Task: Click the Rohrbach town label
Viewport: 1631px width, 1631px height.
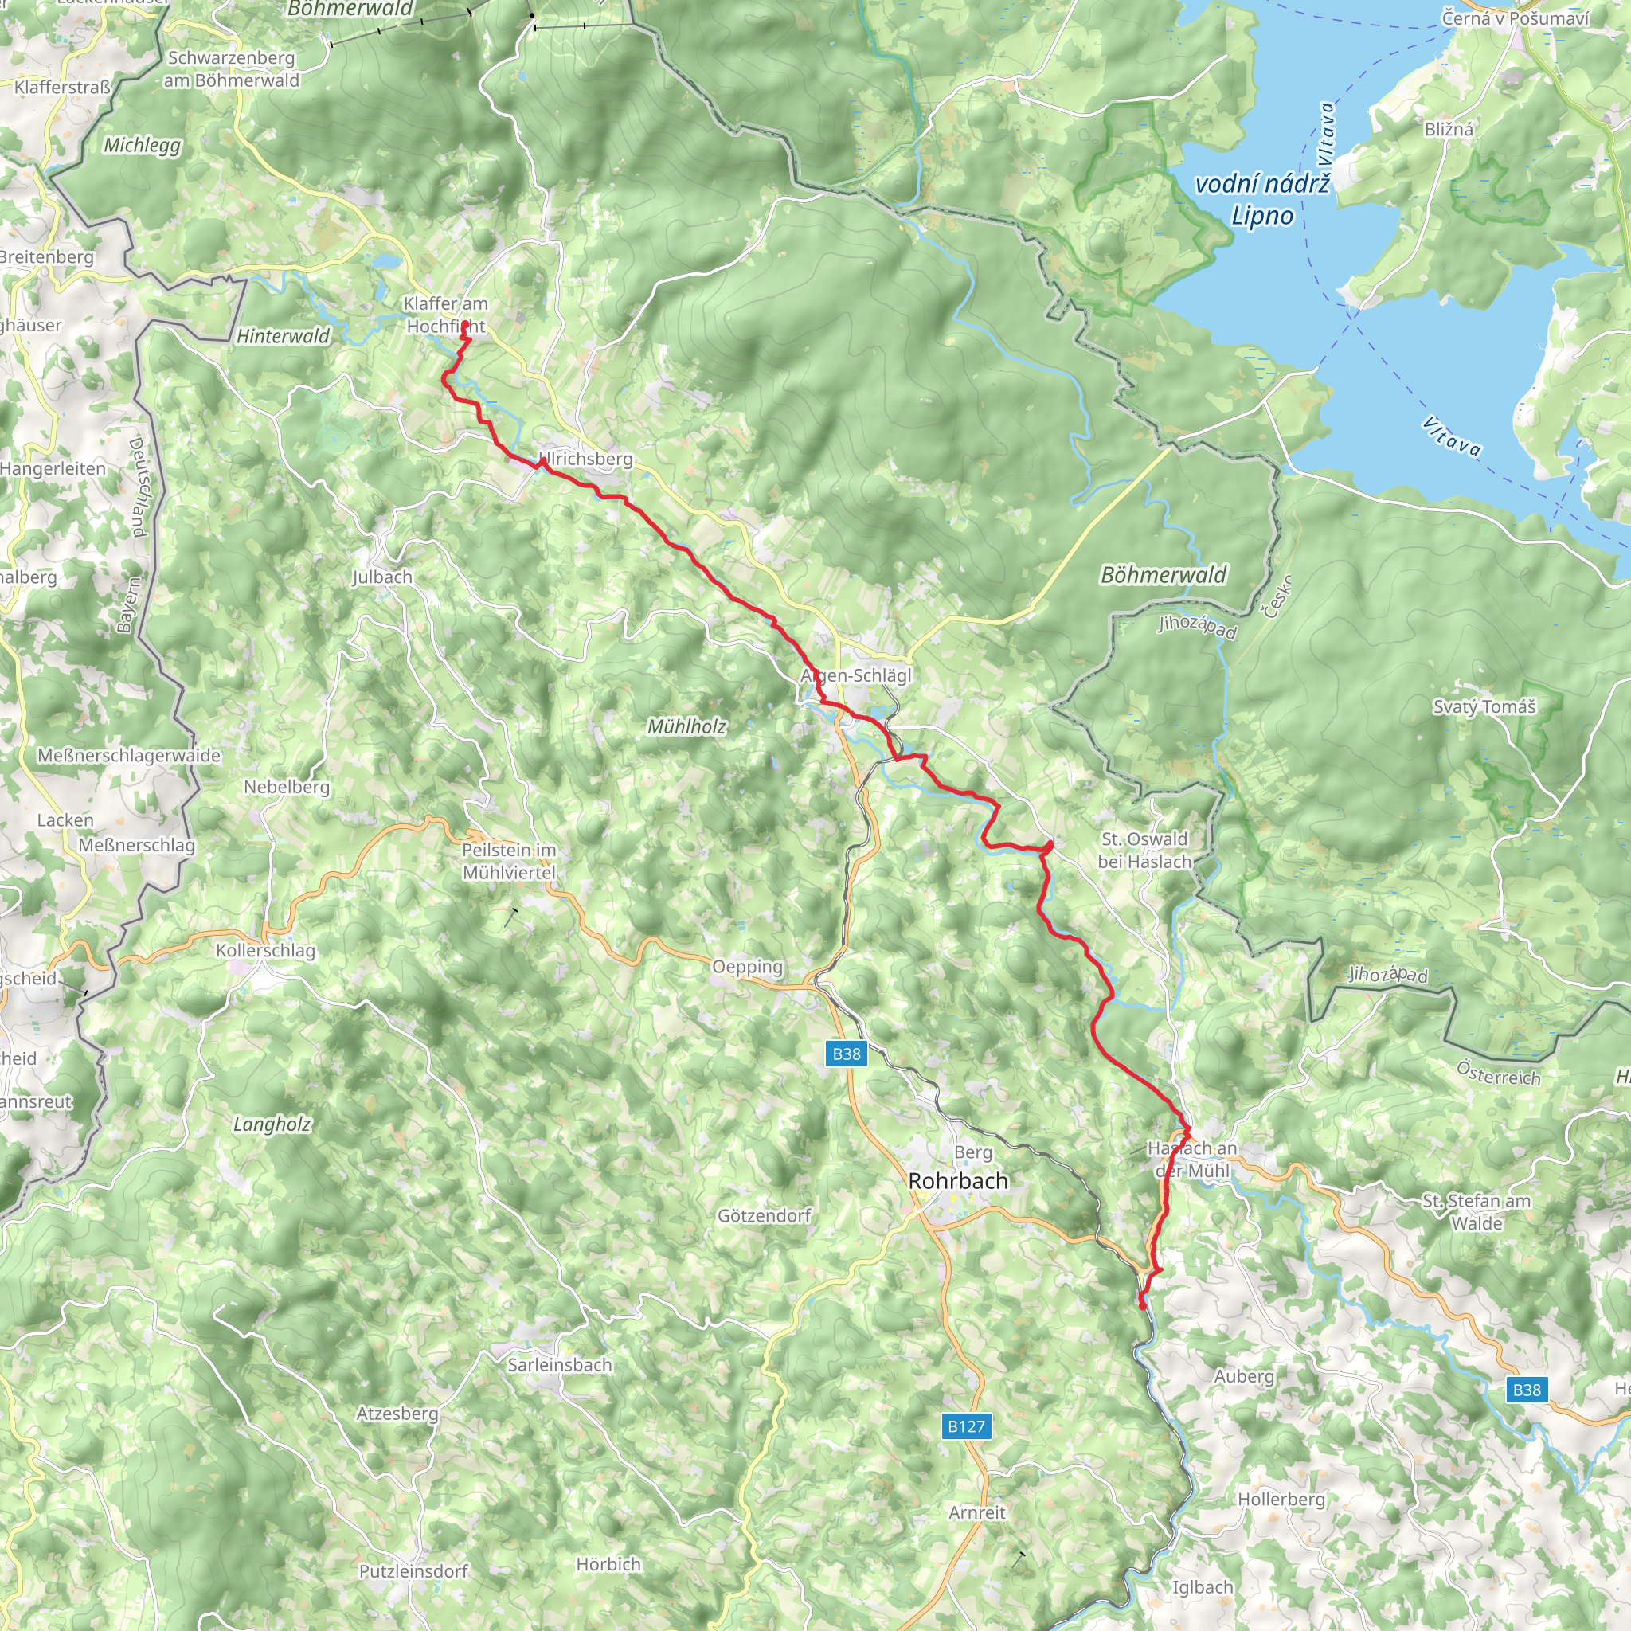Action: pyautogui.click(x=958, y=1181)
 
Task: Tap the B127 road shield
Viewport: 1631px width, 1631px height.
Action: pyautogui.click(x=966, y=1426)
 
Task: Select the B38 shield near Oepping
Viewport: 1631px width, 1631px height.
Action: pyautogui.click(x=846, y=1054)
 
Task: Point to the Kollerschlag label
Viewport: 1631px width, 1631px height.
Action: pyautogui.click(x=265, y=951)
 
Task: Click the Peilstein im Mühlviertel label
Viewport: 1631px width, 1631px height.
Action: pyautogui.click(x=509, y=861)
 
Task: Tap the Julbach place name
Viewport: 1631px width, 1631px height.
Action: pyautogui.click(x=382, y=577)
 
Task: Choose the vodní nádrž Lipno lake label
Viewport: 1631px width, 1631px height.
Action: pyautogui.click(x=1262, y=200)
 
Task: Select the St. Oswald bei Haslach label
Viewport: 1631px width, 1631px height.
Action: pyautogui.click(x=1144, y=850)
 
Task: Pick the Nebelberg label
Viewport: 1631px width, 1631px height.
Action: pyautogui.click(x=287, y=787)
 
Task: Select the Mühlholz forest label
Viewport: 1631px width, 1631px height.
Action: pyautogui.click(x=686, y=726)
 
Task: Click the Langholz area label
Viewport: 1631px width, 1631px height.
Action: pyautogui.click(x=272, y=1124)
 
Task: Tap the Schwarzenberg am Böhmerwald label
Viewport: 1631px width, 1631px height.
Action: pyautogui.click(x=231, y=69)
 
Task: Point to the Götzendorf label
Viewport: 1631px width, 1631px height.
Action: pyautogui.click(x=764, y=1215)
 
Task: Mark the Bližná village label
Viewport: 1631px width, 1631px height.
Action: pyautogui.click(x=1449, y=129)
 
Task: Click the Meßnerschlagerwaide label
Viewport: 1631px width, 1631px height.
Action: pyautogui.click(x=129, y=756)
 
